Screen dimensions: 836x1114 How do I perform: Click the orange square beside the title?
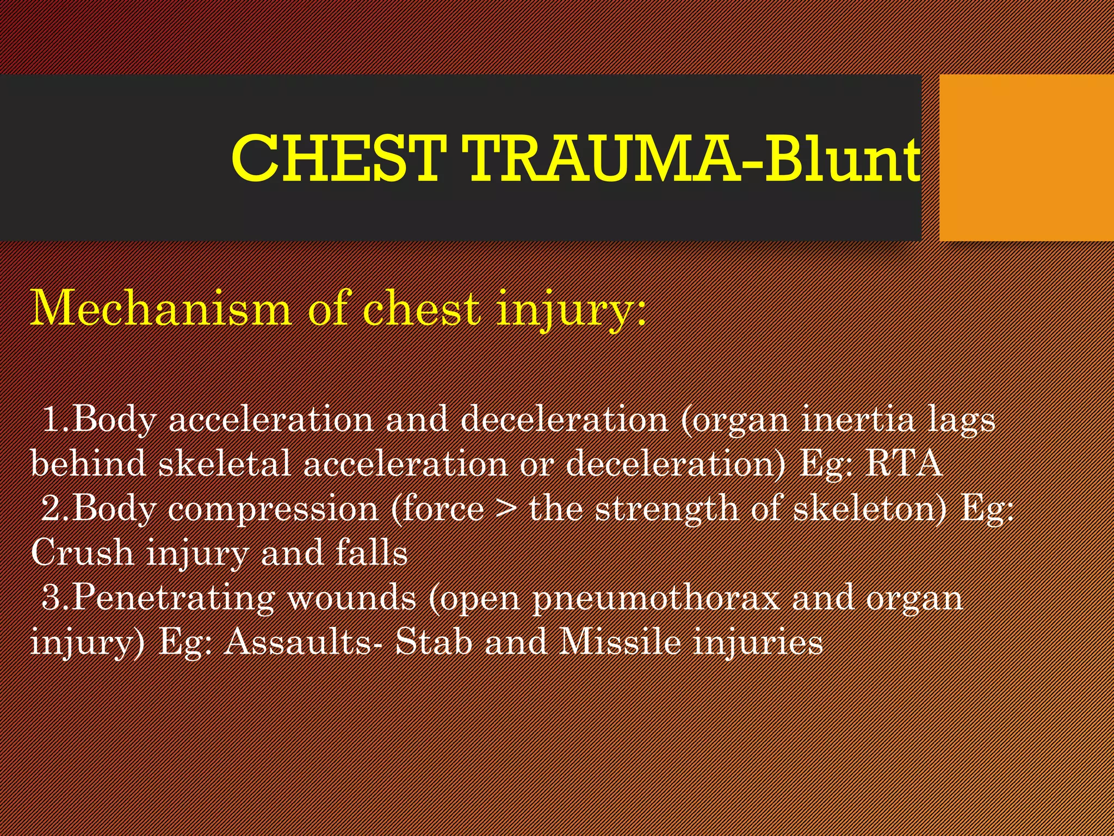[x=1026, y=158]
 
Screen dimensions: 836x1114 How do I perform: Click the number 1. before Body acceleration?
[x=55, y=420]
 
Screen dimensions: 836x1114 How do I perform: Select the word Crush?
[x=82, y=552]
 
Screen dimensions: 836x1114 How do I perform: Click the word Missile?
[x=620, y=641]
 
